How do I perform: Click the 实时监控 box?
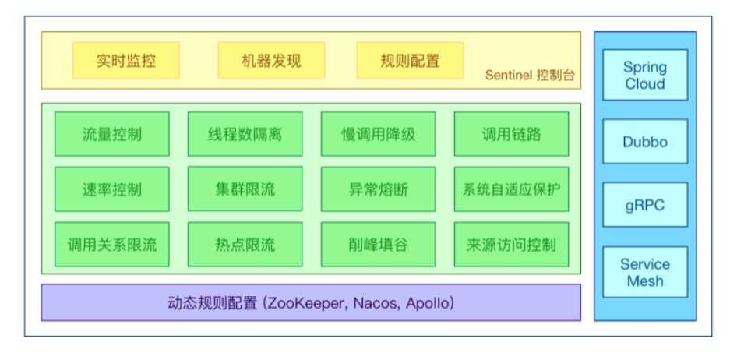tap(126, 61)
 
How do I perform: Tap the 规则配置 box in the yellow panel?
tap(410, 61)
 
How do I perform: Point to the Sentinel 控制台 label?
tap(530, 76)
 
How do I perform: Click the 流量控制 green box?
tap(111, 134)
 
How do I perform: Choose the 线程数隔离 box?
tap(245, 134)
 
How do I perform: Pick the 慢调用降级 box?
tap(378, 134)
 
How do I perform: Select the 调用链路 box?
tap(511, 134)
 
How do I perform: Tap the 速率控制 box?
tap(111, 189)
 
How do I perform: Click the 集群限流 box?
tap(245, 189)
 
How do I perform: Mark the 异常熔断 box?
tap(378, 189)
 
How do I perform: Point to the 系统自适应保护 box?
tap(511, 189)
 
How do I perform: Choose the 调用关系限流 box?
tap(111, 245)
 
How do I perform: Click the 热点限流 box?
tap(245, 245)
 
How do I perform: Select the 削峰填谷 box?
tap(378, 245)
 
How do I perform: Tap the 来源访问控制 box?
tap(511, 245)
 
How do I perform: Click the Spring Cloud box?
tap(644, 75)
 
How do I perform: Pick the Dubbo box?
tap(644, 142)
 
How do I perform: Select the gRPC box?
tap(644, 206)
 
